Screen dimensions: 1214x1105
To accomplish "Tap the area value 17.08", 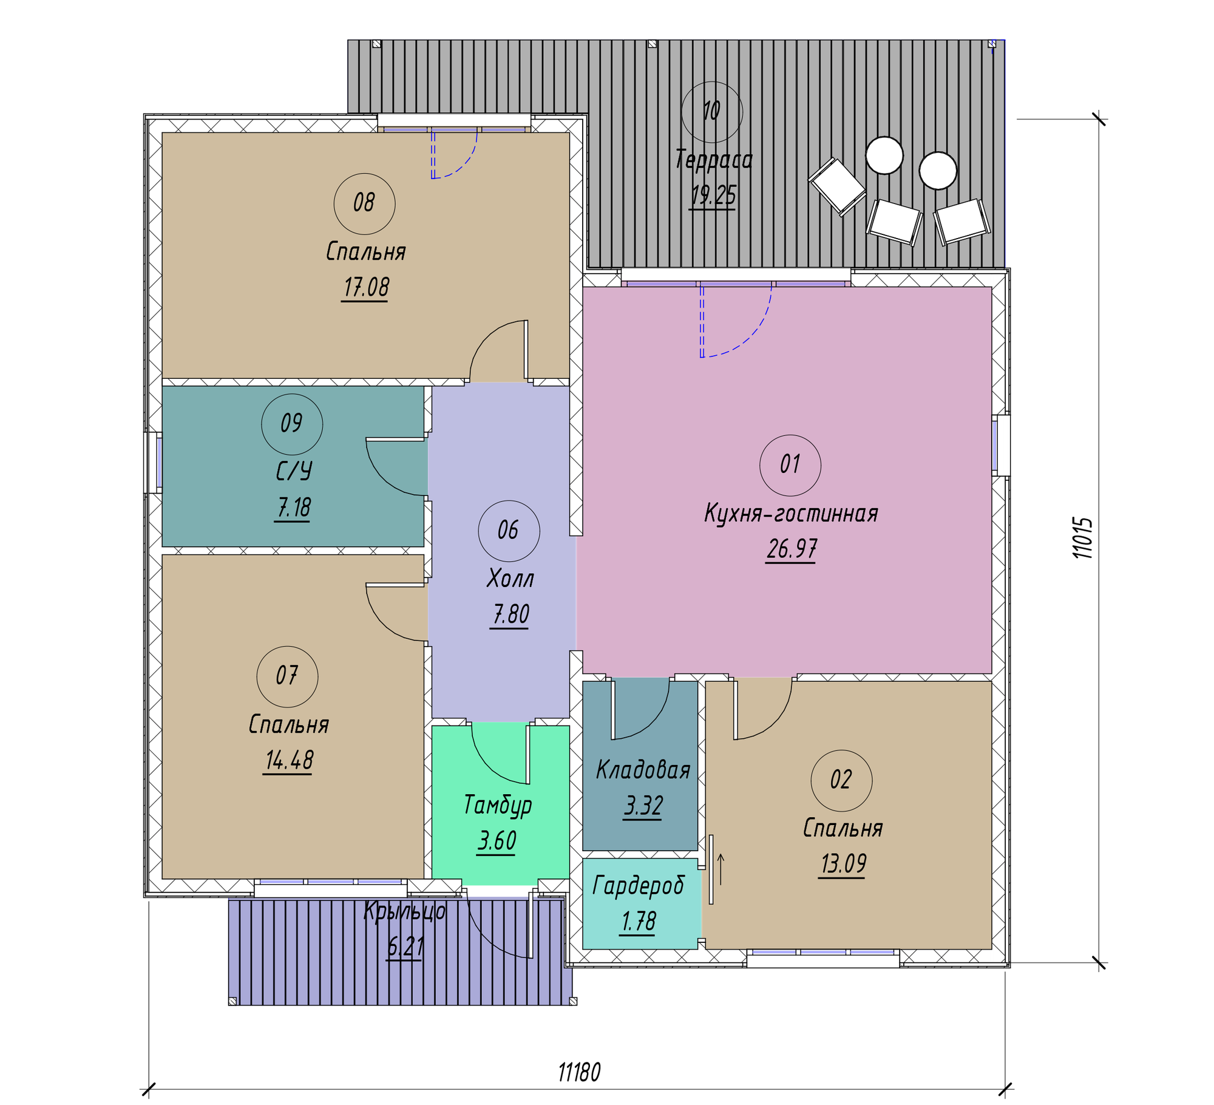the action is [366, 287].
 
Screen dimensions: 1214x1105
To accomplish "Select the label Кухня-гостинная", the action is [791, 514].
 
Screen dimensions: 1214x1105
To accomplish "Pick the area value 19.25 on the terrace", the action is [713, 195].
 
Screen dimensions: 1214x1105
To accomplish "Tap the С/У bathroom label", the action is [294, 471].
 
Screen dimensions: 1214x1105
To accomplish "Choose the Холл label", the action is [510, 579].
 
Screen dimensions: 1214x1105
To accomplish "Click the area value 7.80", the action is [510, 614].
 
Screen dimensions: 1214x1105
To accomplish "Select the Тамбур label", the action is [498, 805].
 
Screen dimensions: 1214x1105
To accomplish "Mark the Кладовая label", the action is [643, 770].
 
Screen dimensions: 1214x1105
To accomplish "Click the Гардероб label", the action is [639, 886].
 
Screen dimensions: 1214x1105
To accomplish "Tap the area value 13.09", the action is [844, 863].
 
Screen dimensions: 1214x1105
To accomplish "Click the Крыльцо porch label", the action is [405, 912].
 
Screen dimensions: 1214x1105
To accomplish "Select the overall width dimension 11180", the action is [579, 1073].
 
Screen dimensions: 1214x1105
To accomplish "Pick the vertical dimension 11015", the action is [1082, 538].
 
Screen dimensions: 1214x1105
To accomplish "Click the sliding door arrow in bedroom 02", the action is [721, 869].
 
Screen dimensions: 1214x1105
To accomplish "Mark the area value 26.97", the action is [792, 549].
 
